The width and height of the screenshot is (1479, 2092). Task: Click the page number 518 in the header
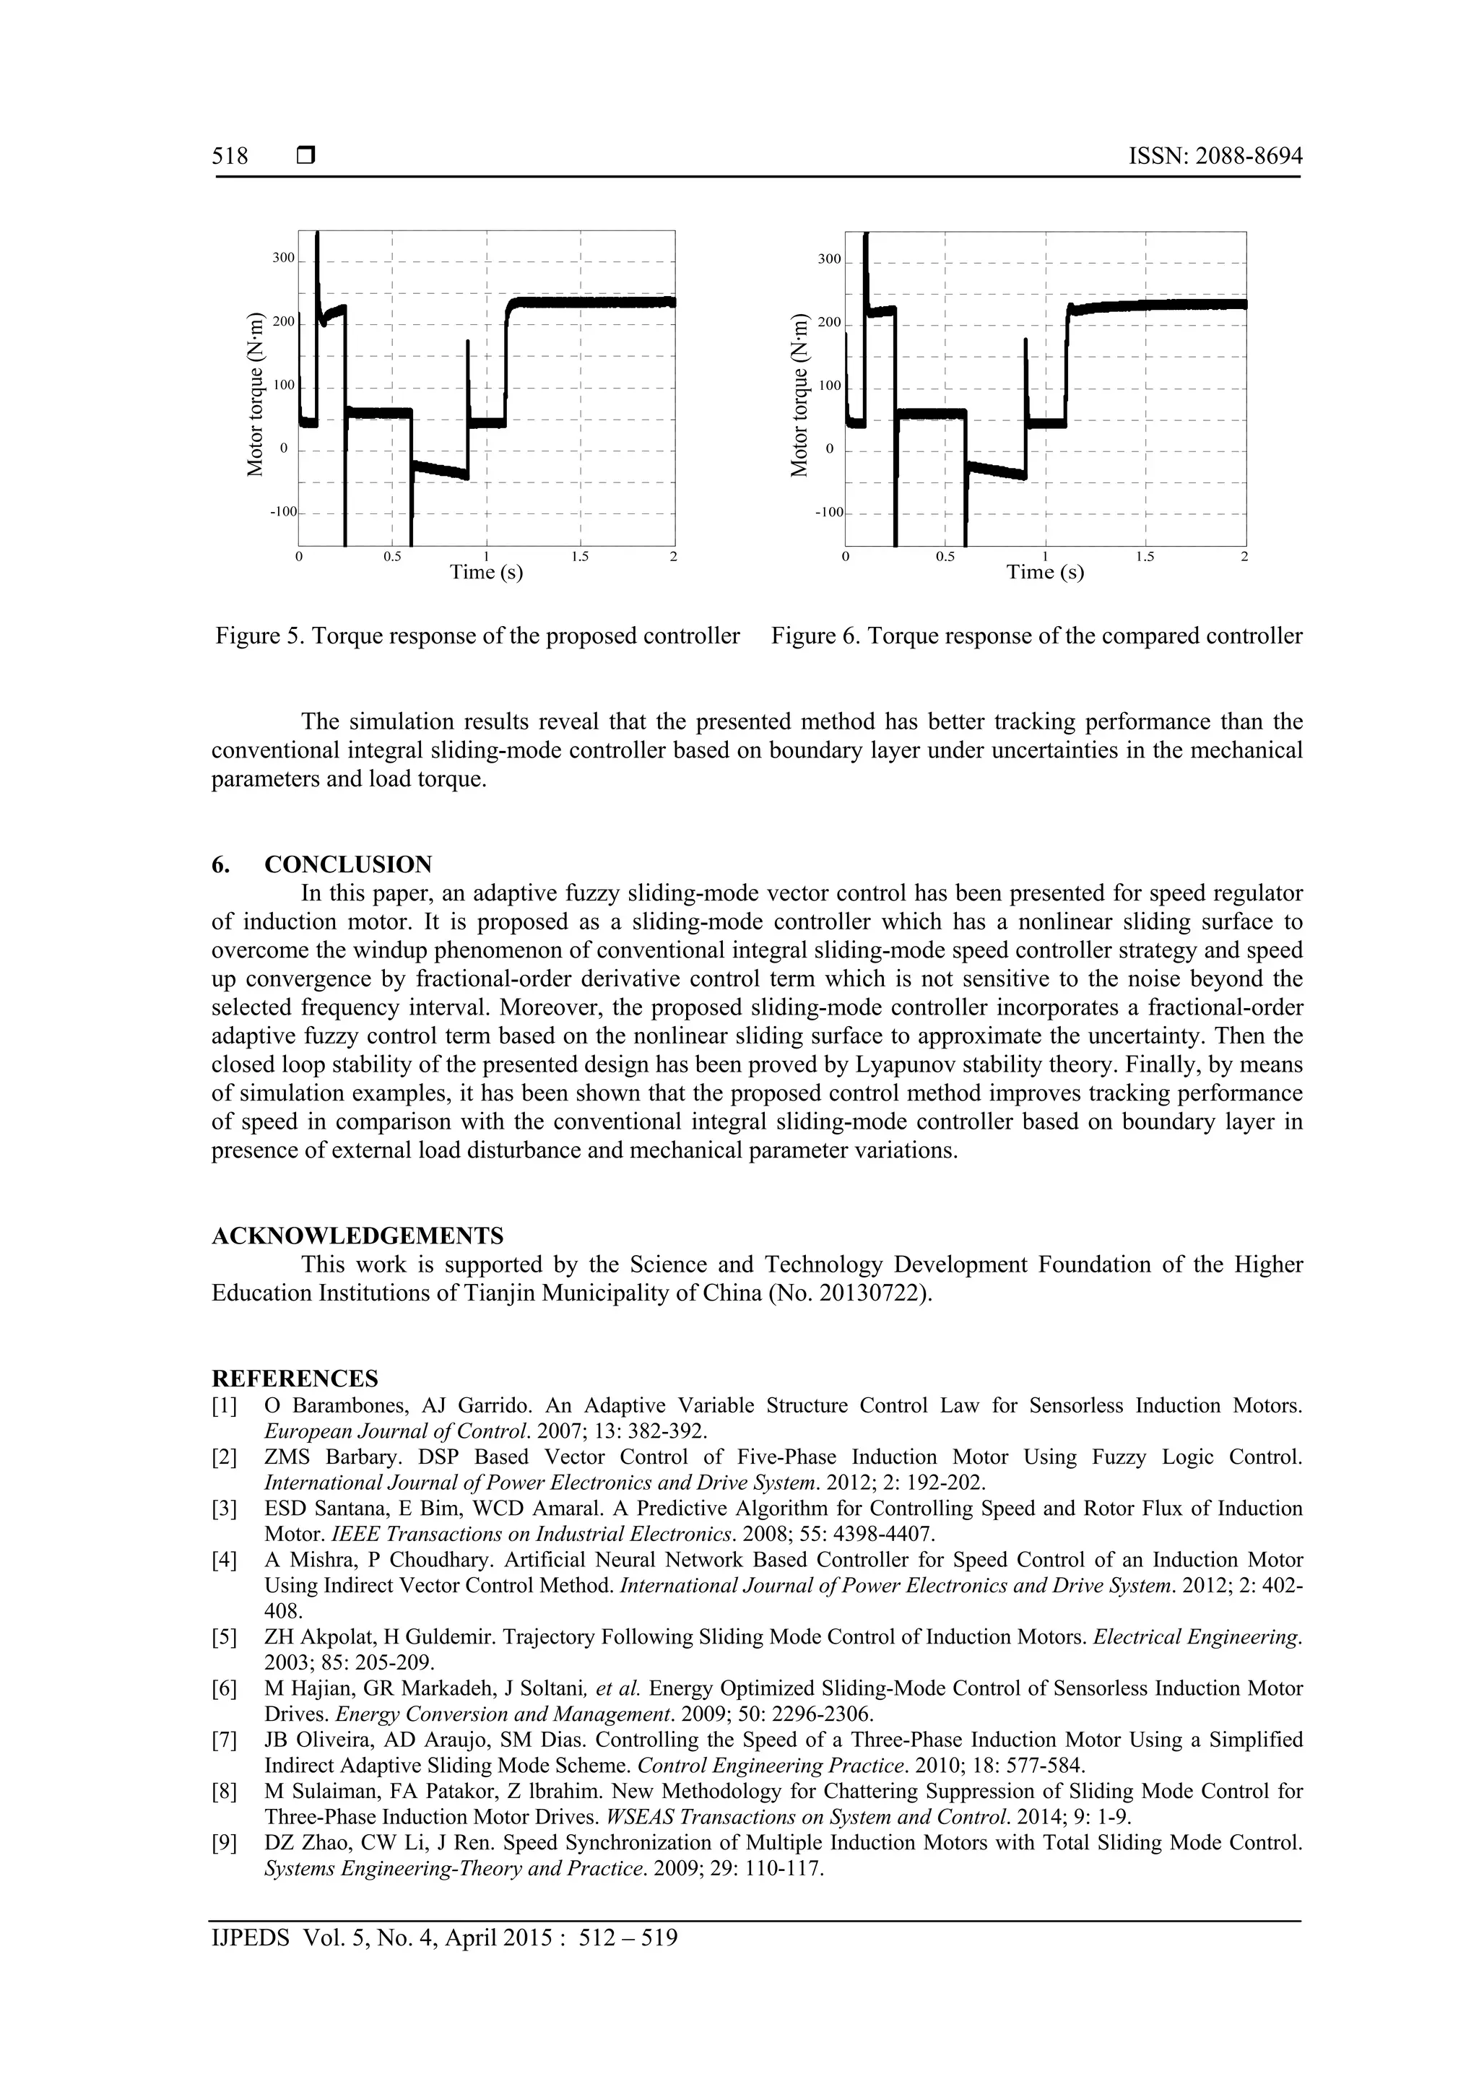click(230, 157)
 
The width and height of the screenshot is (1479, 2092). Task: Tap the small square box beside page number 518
click(306, 157)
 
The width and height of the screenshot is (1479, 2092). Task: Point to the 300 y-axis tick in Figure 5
click(283, 258)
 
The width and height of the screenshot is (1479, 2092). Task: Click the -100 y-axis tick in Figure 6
click(829, 512)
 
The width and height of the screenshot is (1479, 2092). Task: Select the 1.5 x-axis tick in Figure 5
click(581, 557)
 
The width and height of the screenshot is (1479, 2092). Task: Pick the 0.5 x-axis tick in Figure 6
click(945, 557)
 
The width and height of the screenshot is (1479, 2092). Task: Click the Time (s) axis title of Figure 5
click(486, 572)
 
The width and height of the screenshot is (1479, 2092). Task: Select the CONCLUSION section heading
click(348, 864)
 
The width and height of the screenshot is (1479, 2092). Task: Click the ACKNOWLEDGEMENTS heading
click(357, 1236)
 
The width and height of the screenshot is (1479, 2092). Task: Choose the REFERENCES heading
click(295, 1378)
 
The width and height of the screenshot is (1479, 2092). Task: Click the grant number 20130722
click(875, 1293)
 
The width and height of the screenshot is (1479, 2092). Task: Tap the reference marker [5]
click(224, 1636)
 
